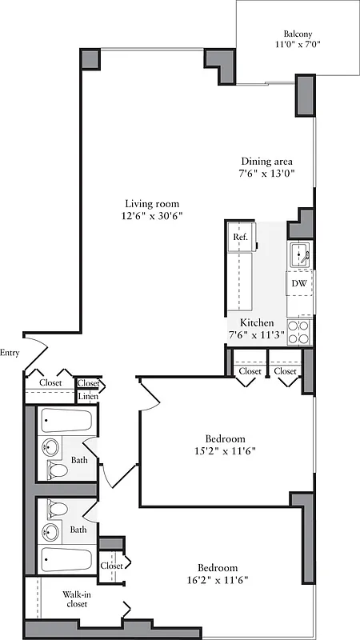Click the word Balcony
(298, 34)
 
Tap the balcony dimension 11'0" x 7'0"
(298, 46)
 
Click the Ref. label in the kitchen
(239, 238)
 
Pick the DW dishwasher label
(298, 283)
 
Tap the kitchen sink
(300, 257)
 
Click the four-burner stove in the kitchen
(299, 332)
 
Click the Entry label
(10, 353)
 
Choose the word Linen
(88, 397)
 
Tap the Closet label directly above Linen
(88, 383)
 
